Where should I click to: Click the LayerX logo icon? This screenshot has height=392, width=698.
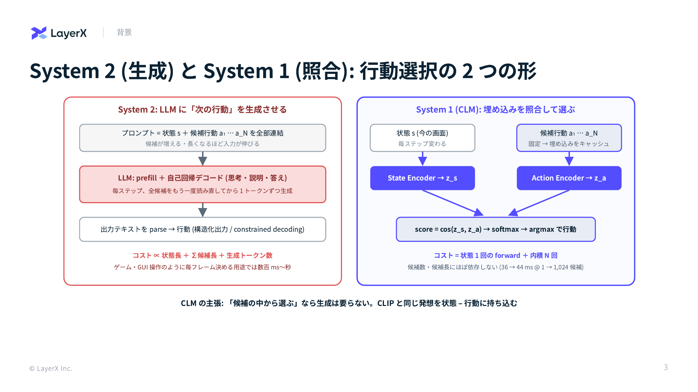pyautogui.click(x=39, y=33)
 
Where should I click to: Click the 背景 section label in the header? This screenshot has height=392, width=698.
pyautogui.click(x=124, y=32)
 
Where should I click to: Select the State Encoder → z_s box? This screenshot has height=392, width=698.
pyautogui.click(x=422, y=178)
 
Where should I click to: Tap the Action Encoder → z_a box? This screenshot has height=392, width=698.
pyautogui.click(x=569, y=178)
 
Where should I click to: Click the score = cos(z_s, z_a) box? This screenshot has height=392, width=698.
pyautogui.click(x=496, y=229)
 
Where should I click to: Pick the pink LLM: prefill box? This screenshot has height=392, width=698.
pyautogui.click(x=202, y=184)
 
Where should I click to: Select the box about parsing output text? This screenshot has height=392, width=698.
pyautogui.click(x=202, y=229)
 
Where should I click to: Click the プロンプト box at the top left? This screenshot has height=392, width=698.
pyautogui.click(x=202, y=138)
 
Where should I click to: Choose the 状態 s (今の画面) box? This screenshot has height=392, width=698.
pyautogui.click(x=422, y=138)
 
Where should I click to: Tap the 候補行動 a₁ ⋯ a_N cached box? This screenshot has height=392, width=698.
pyautogui.click(x=569, y=138)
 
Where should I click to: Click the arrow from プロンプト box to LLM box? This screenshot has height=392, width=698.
pyautogui.click(x=202, y=159)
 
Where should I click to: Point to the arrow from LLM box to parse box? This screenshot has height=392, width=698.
pyautogui.click(x=202, y=210)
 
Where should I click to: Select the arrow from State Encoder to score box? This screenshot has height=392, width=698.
pyautogui.click(x=453, y=203)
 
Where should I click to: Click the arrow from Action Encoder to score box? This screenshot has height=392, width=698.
pyautogui.click(x=539, y=203)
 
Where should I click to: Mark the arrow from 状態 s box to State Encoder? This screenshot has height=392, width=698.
pyautogui.click(x=422, y=159)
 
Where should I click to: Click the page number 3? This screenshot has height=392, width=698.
pyautogui.click(x=666, y=367)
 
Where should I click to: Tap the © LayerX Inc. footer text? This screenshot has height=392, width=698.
pyautogui.click(x=51, y=368)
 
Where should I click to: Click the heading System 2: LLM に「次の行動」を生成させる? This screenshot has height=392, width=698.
pyautogui.click(x=202, y=110)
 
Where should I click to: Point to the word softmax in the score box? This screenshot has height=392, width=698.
pyautogui.click(x=505, y=229)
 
